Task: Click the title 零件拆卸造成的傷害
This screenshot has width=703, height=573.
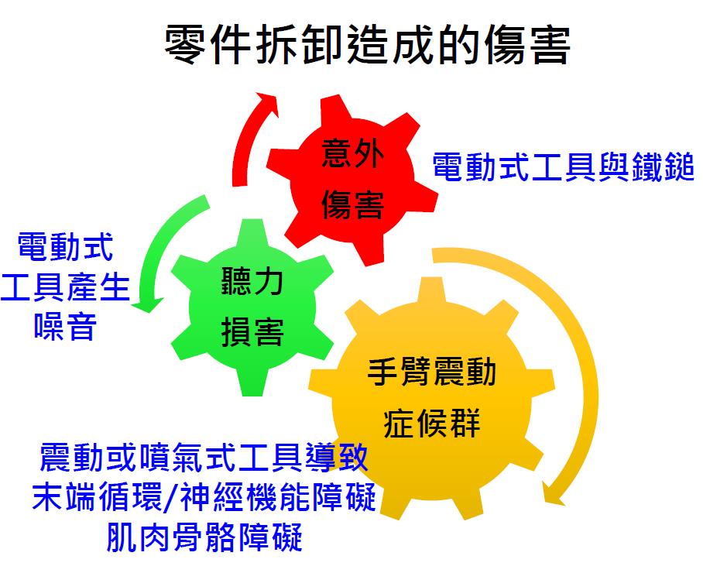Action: pyautogui.click(x=367, y=45)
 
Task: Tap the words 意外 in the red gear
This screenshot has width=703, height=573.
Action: pyautogui.click(x=353, y=153)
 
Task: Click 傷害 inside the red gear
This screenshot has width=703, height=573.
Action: pyautogui.click(x=353, y=204)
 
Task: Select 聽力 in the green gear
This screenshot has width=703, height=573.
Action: pyautogui.click(x=252, y=282)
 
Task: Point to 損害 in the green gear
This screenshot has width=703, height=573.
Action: pyautogui.click(x=252, y=332)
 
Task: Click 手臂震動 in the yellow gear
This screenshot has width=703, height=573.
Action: pyautogui.click(x=432, y=372)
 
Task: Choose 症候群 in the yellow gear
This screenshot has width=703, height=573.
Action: pyautogui.click(x=432, y=422)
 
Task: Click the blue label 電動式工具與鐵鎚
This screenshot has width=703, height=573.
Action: pyautogui.click(x=564, y=166)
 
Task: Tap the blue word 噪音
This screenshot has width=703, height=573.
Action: pyautogui.click(x=66, y=326)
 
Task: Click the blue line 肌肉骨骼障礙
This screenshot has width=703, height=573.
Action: pyautogui.click(x=204, y=537)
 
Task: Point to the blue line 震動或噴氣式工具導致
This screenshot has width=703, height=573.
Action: pyautogui.click(x=204, y=458)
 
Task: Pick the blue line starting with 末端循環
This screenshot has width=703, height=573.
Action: pyautogui.click(x=204, y=497)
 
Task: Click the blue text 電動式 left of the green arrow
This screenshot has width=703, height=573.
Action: pyautogui.click(x=66, y=247)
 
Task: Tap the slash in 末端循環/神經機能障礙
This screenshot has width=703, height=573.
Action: pyautogui.click(x=172, y=498)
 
